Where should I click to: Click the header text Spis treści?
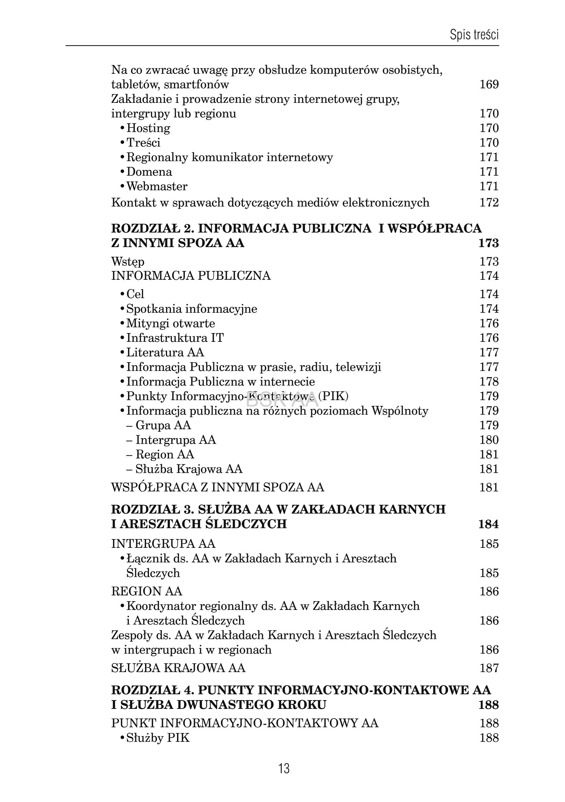pyautogui.click(x=474, y=35)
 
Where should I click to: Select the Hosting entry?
pyautogui.click(x=148, y=128)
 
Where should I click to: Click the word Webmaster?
pyautogui.click(x=157, y=186)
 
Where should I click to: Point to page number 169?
pyautogui.click(x=489, y=84)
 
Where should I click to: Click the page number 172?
pyautogui.click(x=489, y=202)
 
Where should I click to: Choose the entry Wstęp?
pyautogui.click(x=128, y=261)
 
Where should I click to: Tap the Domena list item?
pyautogui.click(x=149, y=172)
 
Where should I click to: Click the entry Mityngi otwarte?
pyautogui.click(x=170, y=323)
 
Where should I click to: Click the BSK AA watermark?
pyautogui.click(x=282, y=399)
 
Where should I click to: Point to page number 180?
pyautogui.click(x=489, y=440)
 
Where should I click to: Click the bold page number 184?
pyautogui.click(x=488, y=524)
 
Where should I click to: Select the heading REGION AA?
pyautogui.click(x=147, y=591)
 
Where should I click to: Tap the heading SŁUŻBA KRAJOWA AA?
pyautogui.click(x=178, y=668)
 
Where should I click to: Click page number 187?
pyautogui.click(x=489, y=668)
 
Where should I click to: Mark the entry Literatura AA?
pyautogui.click(x=165, y=352)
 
